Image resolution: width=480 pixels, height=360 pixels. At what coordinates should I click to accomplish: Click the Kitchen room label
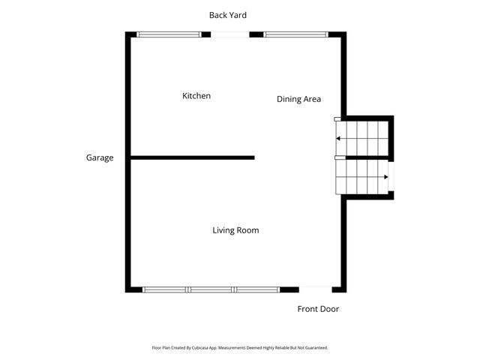click(196, 96)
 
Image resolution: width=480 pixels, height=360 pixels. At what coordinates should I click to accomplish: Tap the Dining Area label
click(298, 99)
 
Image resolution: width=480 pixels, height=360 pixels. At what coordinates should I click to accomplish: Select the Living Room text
click(235, 230)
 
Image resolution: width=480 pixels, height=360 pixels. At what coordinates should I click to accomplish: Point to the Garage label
click(100, 158)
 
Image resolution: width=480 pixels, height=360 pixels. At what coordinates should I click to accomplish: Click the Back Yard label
click(228, 15)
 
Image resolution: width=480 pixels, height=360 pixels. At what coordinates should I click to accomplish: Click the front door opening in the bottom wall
click(315, 289)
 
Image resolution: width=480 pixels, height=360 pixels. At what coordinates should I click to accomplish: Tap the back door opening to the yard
click(229, 34)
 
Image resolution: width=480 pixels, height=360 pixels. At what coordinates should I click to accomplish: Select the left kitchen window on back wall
click(169, 34)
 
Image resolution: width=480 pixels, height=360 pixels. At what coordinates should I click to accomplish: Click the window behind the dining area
click(295, 34)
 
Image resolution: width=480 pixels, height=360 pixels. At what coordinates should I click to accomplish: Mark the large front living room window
click(211, 289)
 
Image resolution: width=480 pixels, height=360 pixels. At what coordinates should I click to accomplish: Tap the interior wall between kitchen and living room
click(192, 157)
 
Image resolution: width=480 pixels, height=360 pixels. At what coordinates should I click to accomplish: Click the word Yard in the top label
click(238, 15)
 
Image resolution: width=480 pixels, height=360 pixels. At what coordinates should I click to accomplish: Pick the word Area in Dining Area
click(311, 99)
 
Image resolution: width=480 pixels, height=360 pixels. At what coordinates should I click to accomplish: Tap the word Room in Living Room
click(247, 230)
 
